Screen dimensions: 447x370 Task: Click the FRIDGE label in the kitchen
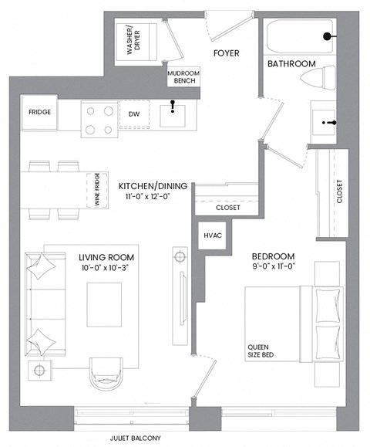point(40,113)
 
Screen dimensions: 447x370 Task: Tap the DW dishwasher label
point(133,114)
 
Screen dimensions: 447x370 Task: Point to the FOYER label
point(227,53)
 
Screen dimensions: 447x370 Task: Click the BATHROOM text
point(291,64)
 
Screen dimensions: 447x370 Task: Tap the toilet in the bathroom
point(320,79)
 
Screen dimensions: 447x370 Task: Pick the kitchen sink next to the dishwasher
point(174,115)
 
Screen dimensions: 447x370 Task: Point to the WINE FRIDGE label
point(97,188)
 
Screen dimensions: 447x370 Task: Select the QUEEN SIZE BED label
point(262,351)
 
